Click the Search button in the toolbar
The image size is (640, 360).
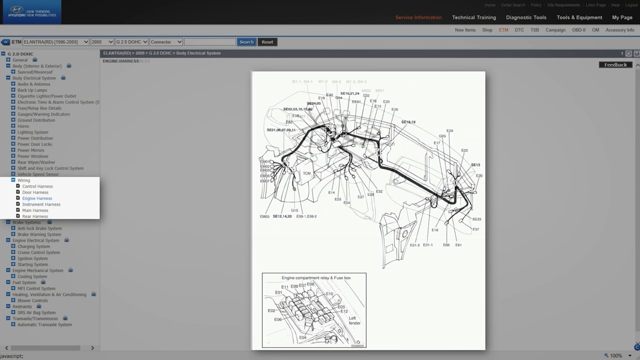pyautogui.click(x=246, y=42)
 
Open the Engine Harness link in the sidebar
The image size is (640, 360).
pyautogui.click(x=37, y=198)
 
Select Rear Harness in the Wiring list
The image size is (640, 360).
pyautogui.click(x=35, y=216)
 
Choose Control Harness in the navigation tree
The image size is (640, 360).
pyautogui.click(x=37, y=186)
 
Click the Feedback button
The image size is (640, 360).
pyautogui.click(x=615, y=65)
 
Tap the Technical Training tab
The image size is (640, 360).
pyautogui.click(x=474, y=17)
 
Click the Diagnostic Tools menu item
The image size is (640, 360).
pyautogui.click(x=526, y=17)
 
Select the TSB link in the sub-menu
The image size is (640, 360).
pyautogui.click(x=534, y=30)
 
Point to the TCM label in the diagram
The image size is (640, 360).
pyautogui.click(x=306, y=173)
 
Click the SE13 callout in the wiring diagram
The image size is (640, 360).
pyautogui.click(x=475, y=165)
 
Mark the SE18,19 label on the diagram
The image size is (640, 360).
pyautogui.click(x=408, y=122)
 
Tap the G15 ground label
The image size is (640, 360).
pyautogui.click(x=294, y=210)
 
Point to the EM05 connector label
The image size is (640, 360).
pyautogui.click(x=264, y=216)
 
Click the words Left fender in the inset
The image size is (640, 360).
pyautogui.click(x=354, y=320)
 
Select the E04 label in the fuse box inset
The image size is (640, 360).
pyautogui.click(x=302, y=337)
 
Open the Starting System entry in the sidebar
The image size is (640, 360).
pyautogui.click(x=32, y=264)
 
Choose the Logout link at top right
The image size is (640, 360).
pyautogui.click(x=631, y=5)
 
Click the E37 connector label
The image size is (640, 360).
pyautogui.click(x=475, y=229)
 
